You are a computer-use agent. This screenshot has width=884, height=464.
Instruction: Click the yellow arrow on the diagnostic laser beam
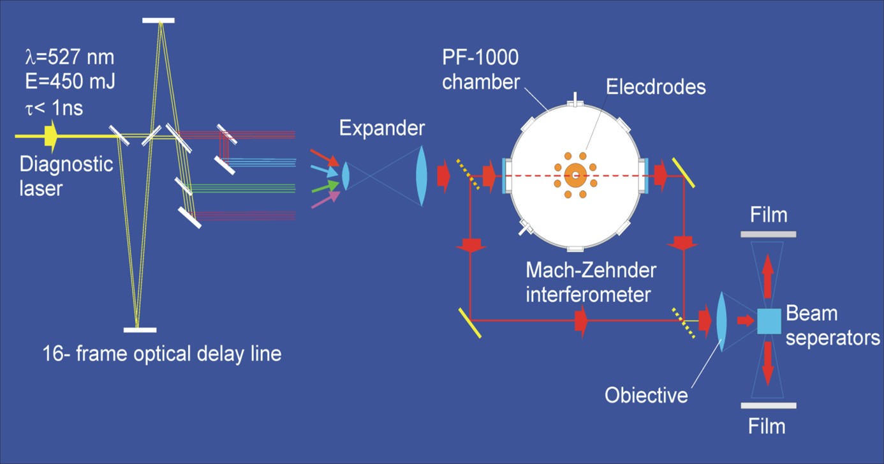click(51, 135)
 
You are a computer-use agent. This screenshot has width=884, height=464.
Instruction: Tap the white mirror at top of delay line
click(158, 21)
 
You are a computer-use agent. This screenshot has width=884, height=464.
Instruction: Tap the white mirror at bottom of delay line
click(140, 330)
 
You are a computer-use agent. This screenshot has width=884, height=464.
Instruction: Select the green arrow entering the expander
click(324, 186)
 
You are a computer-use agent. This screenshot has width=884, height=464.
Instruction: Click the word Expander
click(381, 128)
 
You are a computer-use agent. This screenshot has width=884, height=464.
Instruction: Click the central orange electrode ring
click(575, 175)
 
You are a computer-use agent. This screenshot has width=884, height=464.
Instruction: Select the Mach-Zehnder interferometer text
click(591, 283)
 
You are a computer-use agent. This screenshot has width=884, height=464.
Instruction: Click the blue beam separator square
click(769, 321)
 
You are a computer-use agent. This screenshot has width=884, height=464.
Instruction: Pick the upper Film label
click(769, 215)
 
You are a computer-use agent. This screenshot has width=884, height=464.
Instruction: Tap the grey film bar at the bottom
click(769, 405)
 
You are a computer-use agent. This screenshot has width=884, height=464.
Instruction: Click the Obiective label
click(646, 396)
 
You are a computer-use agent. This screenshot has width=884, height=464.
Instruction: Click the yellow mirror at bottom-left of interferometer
click(469, 322)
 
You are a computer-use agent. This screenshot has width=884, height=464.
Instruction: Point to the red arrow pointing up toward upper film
click(768, 268)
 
